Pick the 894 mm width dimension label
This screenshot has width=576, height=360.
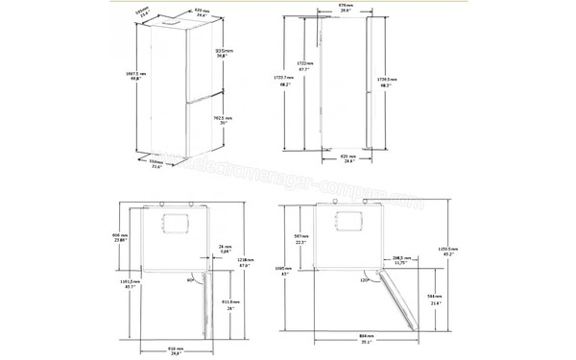click(365, 337)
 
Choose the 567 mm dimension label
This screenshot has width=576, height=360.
click(300, 240)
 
